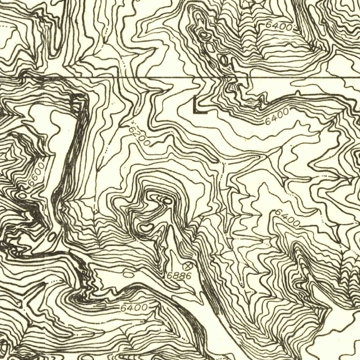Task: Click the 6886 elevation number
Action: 179,276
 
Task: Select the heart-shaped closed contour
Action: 146,228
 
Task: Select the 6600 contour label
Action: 36,173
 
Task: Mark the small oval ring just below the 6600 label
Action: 23,194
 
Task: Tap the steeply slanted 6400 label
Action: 287,218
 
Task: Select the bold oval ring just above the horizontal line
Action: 224,60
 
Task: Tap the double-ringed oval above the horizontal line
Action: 204,34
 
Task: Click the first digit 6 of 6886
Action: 169,276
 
